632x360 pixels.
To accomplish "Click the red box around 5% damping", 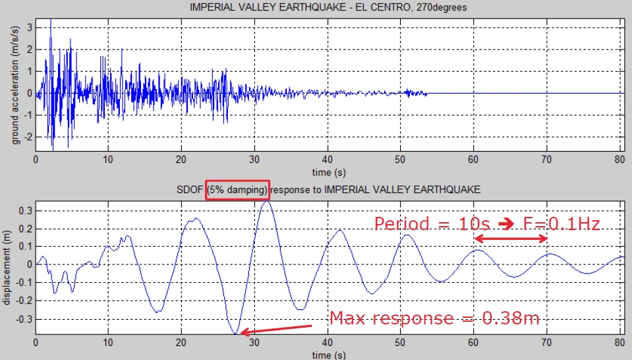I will [237, 189].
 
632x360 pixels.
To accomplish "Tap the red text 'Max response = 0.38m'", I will [434, 318].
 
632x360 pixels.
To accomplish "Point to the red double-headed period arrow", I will [511, 239].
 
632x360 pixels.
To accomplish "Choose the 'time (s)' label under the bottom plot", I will [328, 355].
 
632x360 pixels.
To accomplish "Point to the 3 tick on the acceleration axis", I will [28, 27].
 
